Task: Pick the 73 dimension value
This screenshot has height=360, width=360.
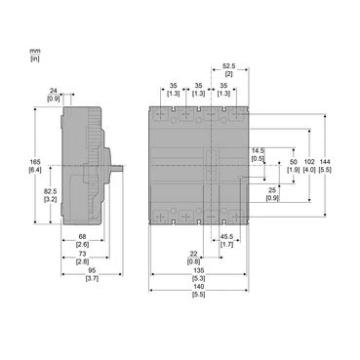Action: (x=83, y=253)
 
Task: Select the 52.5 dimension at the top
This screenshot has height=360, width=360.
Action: (x=230, y=66)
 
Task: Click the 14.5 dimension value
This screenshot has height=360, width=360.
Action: (x=258, y=148)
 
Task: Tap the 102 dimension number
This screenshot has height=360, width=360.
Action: (x=309, y=162)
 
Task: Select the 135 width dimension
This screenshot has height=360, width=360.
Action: (x=199, y=272)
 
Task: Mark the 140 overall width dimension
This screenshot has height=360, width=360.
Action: (x=199, y=289)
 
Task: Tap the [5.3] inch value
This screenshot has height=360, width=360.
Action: (x=199, y=280)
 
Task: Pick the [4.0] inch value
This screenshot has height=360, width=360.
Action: (x=309, y=170)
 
